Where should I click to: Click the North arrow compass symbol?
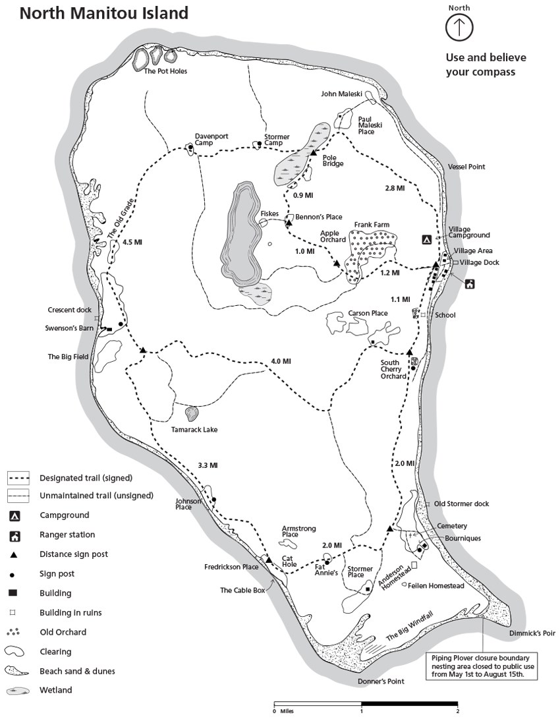click(x=459, y=27)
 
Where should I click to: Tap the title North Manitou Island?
click(x=103, y=13)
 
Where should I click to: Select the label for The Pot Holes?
click(x=165, y=72)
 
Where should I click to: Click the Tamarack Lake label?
click(x=194, y=430)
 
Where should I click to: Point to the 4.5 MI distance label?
click(x=132, y=242)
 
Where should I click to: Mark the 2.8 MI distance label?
click(x=394, y=188)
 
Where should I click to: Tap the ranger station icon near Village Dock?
click(x=470, y=284)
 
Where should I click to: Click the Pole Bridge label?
click(x=333, y=161)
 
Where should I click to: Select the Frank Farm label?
click(x=372, y=225)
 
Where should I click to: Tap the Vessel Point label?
click(x=466, y=167)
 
